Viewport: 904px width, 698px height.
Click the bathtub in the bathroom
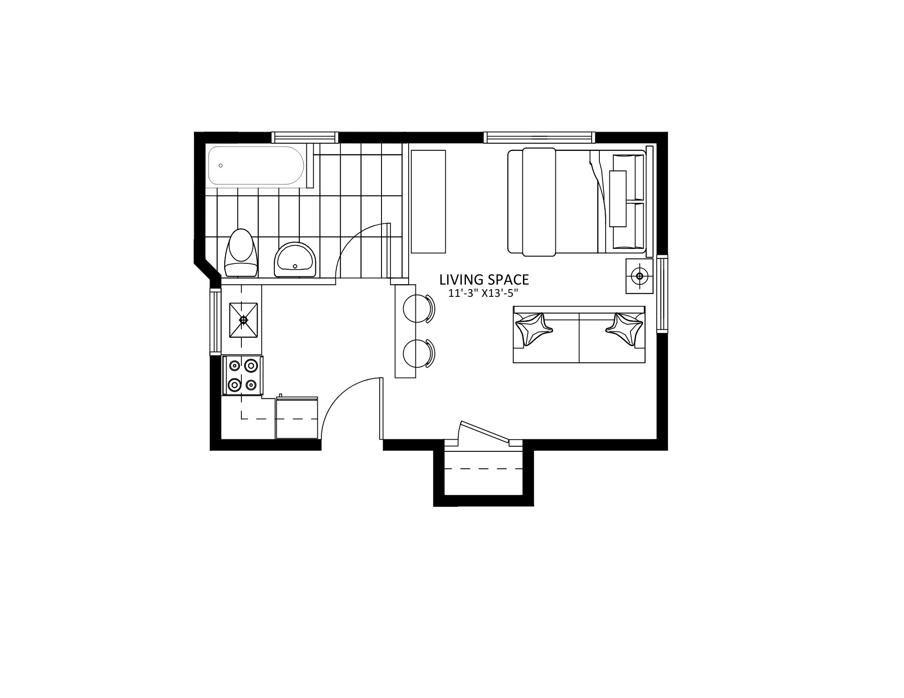(x=257, y=165)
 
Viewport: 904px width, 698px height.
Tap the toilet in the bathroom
(x=241, y=253)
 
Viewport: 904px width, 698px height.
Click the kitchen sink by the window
(x=244, y=320)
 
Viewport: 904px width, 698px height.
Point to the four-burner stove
(x=243, y=375)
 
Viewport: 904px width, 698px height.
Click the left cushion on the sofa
(x=534, y=329)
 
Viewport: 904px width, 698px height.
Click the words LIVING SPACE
(x=484, y=280)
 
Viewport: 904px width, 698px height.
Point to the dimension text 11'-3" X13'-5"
(x=483, y=293)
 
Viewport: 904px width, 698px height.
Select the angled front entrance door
(x=485, y=431)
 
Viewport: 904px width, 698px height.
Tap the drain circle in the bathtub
(x=221, y=165)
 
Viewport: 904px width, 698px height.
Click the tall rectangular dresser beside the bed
(x=428, y=201)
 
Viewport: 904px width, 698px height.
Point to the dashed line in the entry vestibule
(x=484, y=469)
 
